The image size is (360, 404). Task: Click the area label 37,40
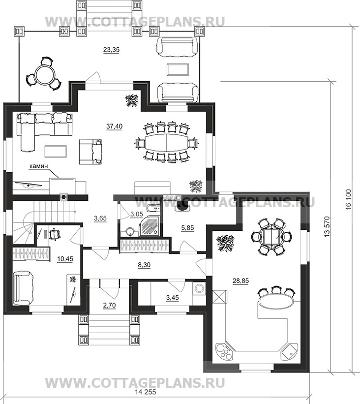pos(114,126)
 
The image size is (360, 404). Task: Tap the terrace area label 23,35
pos(111,50)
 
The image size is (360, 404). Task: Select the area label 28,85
pos(241,281)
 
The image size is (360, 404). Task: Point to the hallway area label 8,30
pos(144,265)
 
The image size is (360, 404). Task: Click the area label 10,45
pos(65,259)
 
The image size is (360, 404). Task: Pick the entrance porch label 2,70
pos(109,306)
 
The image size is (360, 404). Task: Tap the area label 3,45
pos(172,298)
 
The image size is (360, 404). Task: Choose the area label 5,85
pos(187,228)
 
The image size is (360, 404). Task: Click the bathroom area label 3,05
pos(137,214)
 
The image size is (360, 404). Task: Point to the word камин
pos(39,166)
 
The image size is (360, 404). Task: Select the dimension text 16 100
pos(348,200)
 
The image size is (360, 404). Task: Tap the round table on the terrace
pos(44,74)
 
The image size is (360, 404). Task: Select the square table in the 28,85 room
pos(271,237)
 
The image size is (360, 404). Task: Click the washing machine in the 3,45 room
pos(199,289)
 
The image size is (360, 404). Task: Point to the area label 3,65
pos(100,218)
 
